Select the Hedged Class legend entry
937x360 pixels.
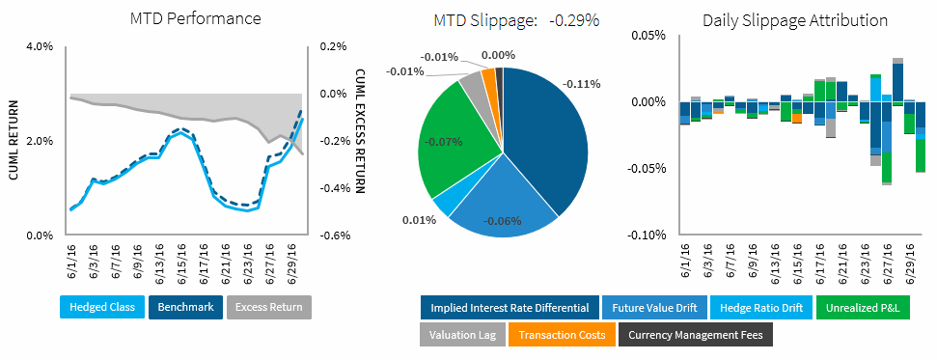pos(102,308)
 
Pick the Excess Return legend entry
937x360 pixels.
pos(269,308)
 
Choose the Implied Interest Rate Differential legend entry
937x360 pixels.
pos(508,308)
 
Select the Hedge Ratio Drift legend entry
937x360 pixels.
pos(760,308)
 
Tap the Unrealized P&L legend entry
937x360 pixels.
pos(866,308)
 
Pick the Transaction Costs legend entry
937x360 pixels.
pos(562,335)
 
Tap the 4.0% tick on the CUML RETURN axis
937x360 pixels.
pos(38,46)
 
